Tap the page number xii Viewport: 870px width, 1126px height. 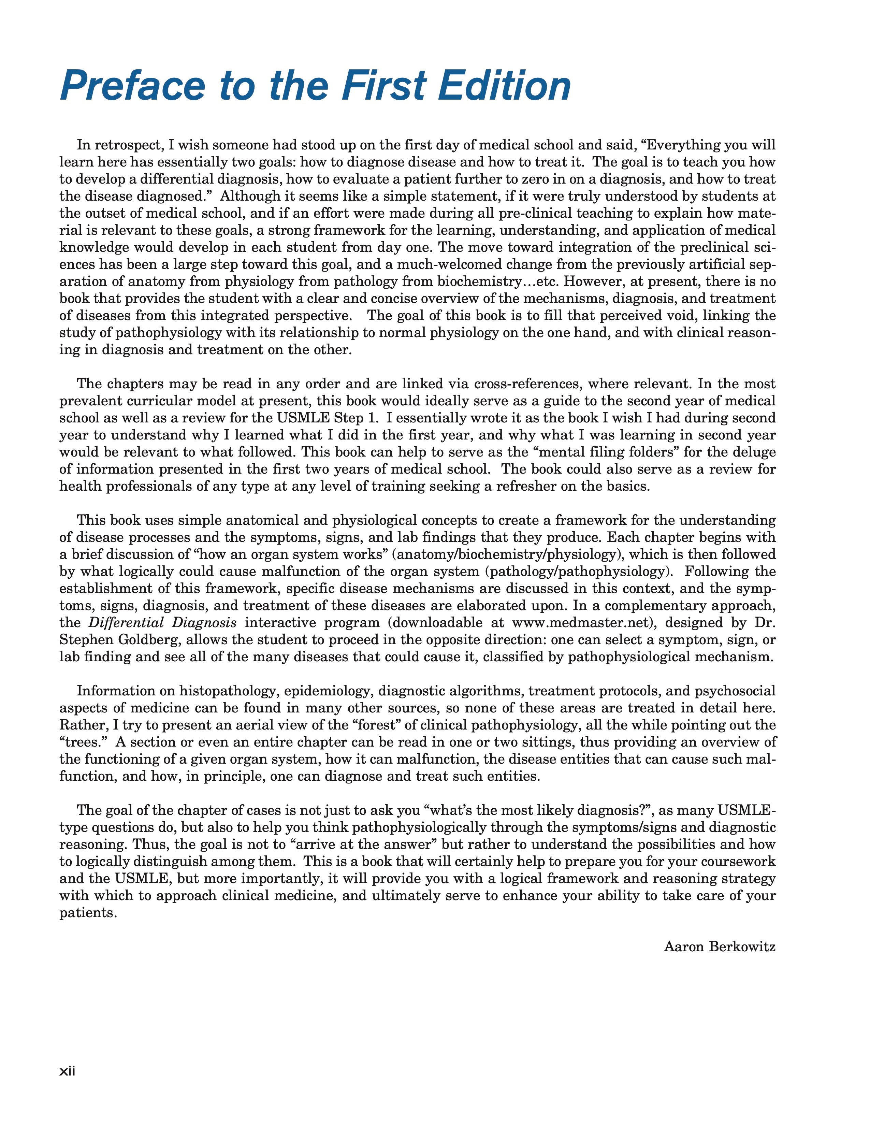[x=68, y=1071]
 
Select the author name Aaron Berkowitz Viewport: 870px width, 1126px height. [x=720, y=947]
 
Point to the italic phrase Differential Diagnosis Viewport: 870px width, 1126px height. [x=162, y=623]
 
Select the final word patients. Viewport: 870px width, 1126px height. [x=86, y=912]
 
